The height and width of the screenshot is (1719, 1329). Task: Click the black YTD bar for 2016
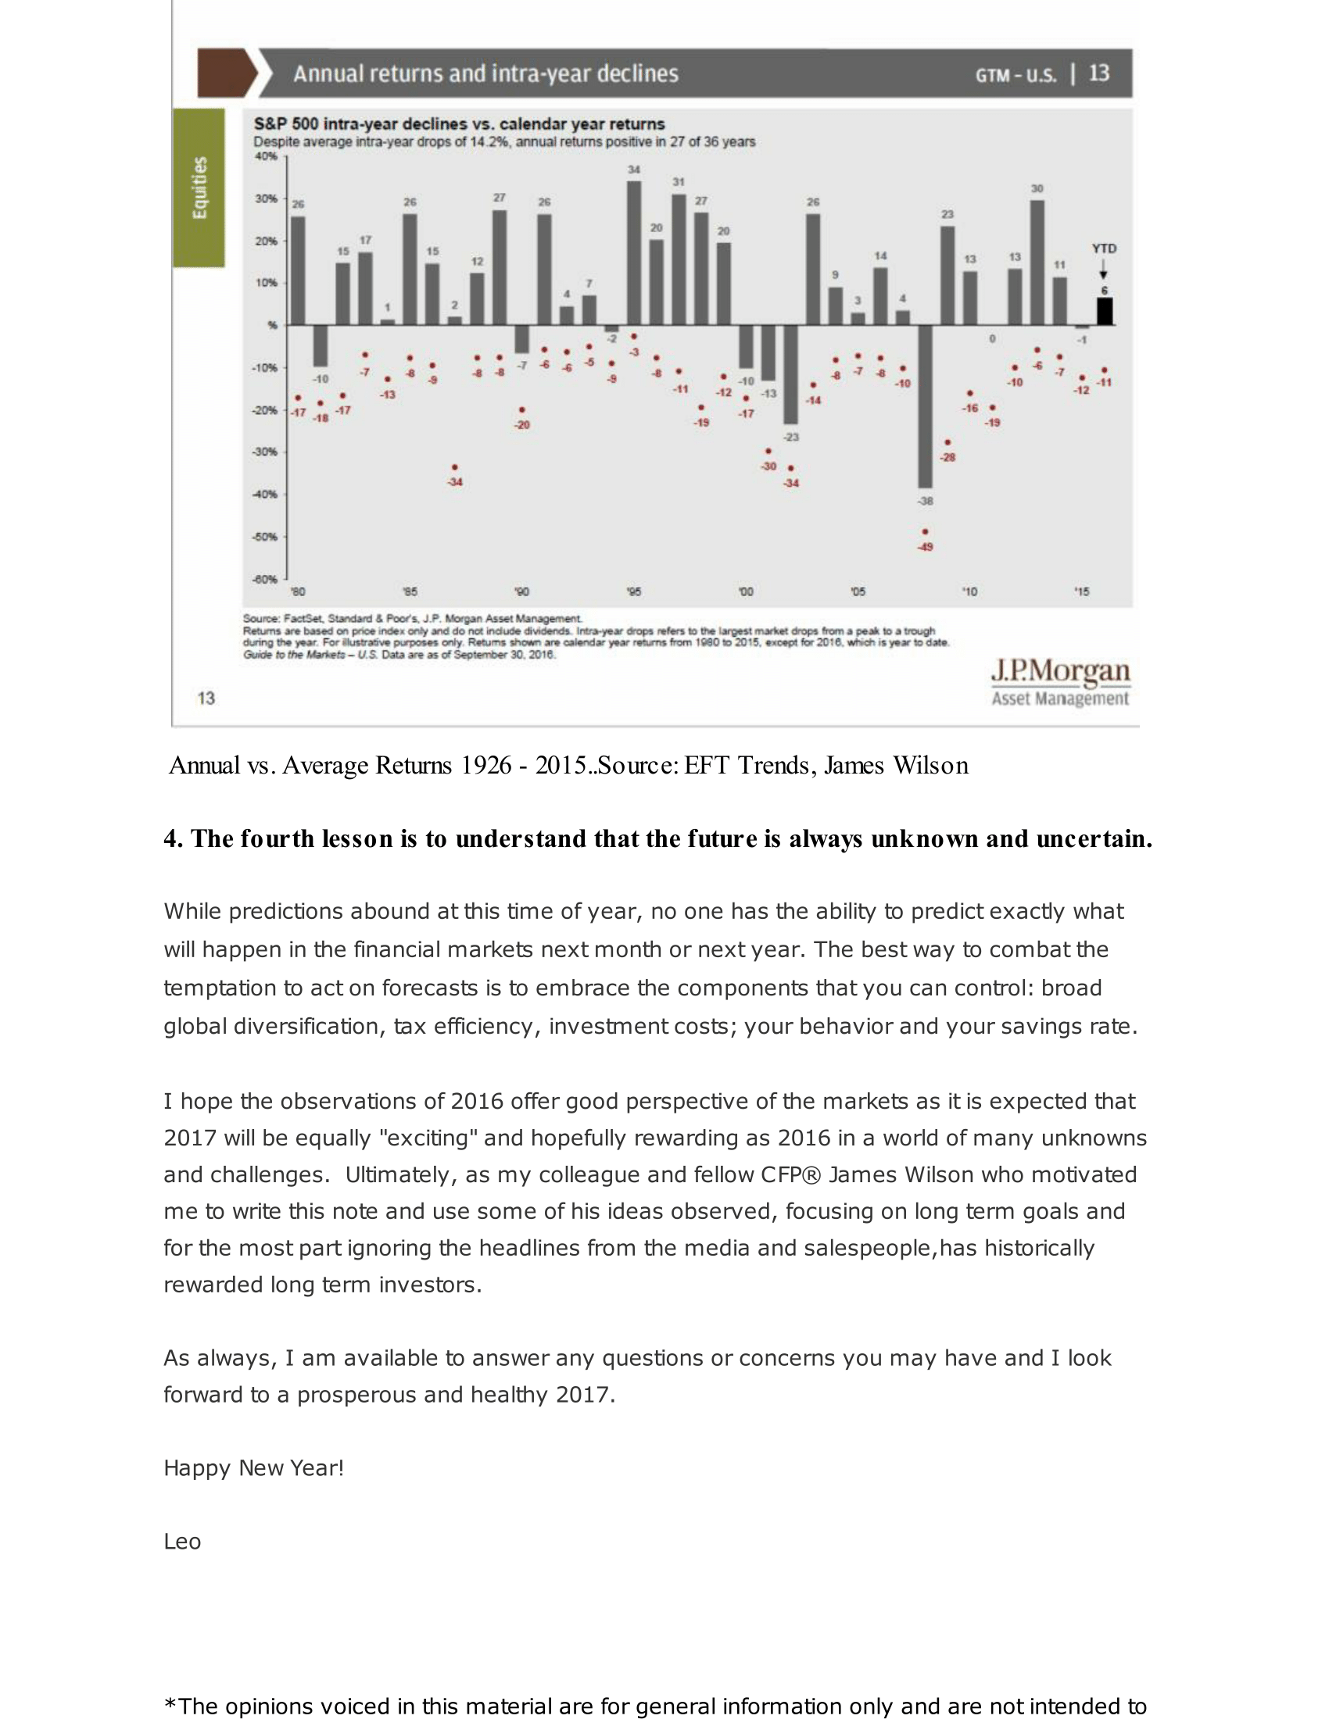point(1105,312)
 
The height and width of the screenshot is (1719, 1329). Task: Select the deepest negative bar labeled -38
point(925,406)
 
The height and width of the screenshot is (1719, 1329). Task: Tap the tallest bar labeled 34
point(634,253)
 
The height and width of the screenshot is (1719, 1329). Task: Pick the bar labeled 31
point(679,259)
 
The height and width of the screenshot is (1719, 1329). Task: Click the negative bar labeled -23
point(790,374)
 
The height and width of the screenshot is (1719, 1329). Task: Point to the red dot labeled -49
point(925,532)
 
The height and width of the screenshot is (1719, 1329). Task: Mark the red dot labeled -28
point(948,442)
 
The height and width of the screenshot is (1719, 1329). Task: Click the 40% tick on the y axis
point(266,155)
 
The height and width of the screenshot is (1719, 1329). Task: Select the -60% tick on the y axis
point(264,579)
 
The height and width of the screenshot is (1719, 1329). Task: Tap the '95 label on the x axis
point(634,592)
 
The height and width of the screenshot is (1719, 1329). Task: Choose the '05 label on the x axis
point(858,592)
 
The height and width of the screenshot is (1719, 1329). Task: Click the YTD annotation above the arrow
point(1104,248)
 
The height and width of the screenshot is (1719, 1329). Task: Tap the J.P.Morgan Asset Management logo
point(1060,681)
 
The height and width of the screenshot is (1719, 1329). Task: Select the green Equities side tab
point(199,188)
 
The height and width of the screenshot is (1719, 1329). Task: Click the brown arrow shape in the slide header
point(226,73)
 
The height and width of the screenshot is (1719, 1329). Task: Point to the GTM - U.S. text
point(1016,75)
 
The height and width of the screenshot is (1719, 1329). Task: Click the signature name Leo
point(182,1541)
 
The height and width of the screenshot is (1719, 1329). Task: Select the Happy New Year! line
point(253,1468)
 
